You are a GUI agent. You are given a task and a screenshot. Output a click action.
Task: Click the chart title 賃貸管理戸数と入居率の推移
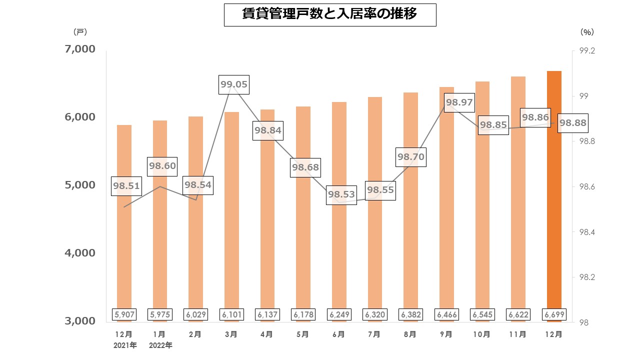[330, 14]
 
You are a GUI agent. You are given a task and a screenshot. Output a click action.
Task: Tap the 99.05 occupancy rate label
[234, 84]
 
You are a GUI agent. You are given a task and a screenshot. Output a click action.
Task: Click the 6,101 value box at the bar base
[231, 314]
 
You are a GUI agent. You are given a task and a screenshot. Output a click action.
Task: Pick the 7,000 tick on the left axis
[80, 49]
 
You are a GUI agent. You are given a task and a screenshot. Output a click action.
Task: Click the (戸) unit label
[80, 32]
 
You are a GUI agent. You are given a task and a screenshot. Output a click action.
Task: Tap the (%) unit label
[587, 32]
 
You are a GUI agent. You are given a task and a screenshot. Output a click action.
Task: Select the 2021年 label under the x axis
[124, 345]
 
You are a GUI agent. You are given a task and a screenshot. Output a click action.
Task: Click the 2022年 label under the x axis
[160, 345]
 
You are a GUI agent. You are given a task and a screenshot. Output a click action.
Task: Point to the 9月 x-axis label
[446, 334]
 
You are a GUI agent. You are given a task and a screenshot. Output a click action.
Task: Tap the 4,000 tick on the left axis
[80, 253]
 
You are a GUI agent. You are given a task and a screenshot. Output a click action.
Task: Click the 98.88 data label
[572, 122]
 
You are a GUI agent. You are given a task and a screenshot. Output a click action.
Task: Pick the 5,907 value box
[124, 314]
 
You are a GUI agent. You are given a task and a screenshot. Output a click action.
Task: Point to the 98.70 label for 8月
[410, 157]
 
